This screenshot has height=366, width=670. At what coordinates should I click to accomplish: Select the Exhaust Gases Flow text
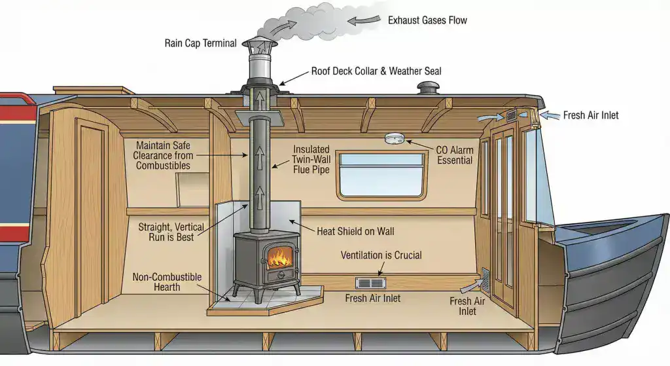(427, 20)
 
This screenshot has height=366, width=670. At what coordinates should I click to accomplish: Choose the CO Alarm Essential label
(454, 155)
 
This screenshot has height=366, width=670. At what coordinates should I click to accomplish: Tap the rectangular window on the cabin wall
(381, 174)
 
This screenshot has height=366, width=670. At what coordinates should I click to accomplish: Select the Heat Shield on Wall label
(355, 231)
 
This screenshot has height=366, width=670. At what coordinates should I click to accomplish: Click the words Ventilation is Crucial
(381, 255)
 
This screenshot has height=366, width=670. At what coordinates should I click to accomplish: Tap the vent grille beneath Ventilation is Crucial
(371, 283)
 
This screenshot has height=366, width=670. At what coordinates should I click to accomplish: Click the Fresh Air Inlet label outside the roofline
(591, 115)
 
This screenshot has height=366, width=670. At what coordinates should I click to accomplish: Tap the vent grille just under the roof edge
(511, 116)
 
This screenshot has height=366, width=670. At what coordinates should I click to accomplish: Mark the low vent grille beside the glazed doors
(485, 280)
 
